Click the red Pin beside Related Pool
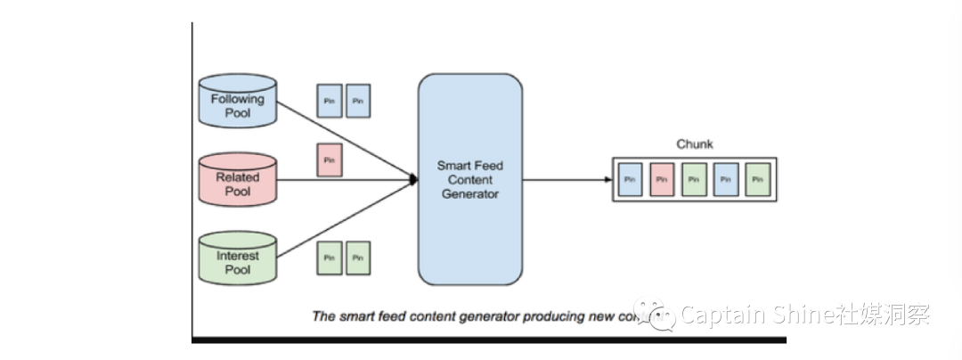330,160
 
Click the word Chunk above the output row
695,144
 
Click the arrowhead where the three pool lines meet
413,179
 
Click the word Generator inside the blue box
470,193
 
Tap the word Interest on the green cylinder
238,256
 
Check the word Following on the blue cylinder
238,100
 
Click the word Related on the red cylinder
238,177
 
